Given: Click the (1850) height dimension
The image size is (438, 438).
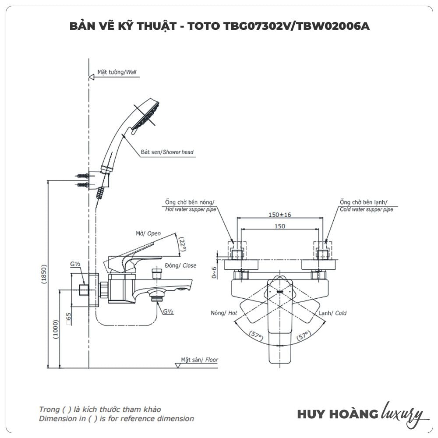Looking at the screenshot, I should (x=44, y=274).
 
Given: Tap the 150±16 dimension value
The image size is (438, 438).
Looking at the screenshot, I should (x=280, y=215).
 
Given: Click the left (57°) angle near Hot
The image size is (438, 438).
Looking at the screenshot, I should (x=256, y=336).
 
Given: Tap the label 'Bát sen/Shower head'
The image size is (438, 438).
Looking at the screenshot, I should (x=166, y=152).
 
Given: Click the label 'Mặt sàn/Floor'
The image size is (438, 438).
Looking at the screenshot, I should (x=199, y=360).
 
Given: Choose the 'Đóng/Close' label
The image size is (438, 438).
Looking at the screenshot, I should (x=180, y=265).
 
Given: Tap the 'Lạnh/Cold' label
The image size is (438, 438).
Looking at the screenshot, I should (x=332, y=313).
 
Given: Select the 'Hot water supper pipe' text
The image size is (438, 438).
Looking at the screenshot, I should (x=191, y=209).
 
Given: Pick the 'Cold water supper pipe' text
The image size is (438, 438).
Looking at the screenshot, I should (x=366, y=209).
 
